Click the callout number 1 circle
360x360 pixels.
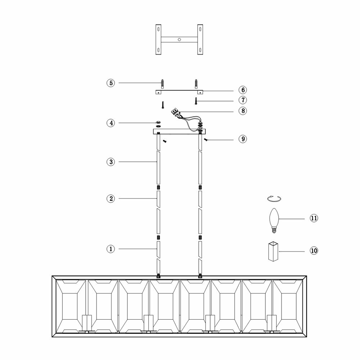point(111,249)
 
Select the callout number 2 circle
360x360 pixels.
point(111,198)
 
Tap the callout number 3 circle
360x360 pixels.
point(111,162)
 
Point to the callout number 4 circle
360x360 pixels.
point(111,123)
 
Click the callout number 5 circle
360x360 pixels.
point(111,83)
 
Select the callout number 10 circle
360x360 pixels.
point(314,251)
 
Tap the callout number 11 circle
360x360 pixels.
point(314,218)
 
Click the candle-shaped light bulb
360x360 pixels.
point(274,219)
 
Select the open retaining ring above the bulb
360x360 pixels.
point(275,199)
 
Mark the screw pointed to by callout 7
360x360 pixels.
point(196,101)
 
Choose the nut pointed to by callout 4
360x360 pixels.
point(158,123)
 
